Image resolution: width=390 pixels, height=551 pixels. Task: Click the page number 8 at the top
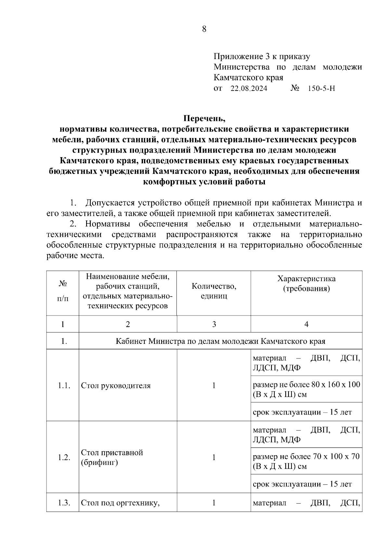coord(204,29)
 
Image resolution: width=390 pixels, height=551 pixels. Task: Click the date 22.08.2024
coord(249,88)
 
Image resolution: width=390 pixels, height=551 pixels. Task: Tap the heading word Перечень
coord(204,118)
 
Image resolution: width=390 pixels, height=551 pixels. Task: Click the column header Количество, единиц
coord(214,291)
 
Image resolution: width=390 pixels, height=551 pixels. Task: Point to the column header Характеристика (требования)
coord(306,283)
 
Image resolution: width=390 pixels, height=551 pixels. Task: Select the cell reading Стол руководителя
coord(116,386)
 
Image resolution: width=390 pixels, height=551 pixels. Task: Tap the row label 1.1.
coord(64,386)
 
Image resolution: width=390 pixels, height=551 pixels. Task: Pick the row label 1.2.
coord(64,457)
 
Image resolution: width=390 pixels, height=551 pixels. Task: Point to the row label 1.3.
coord(64,503)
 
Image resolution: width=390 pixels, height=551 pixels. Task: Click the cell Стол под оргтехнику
coord(121,503)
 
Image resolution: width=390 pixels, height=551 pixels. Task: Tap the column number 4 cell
coord(306,324)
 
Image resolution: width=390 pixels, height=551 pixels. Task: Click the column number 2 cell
coord(128,324)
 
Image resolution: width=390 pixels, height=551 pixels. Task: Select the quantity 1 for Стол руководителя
coord(214,386)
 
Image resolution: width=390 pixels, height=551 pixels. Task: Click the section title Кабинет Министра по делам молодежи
coord(220,341)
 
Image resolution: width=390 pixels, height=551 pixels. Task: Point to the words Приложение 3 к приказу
coord(262,57)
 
